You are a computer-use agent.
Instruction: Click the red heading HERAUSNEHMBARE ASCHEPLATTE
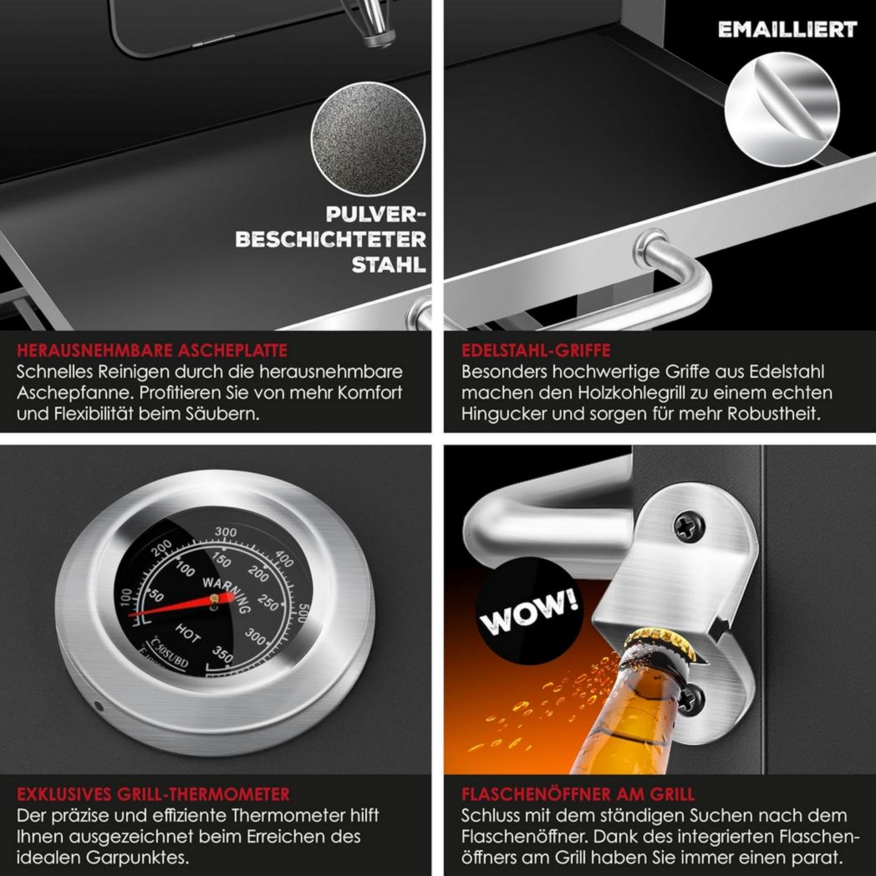(x=152, y=350)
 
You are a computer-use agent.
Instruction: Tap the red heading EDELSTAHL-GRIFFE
(x=536, y=350)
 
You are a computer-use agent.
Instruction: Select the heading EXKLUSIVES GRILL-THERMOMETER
(x=153, y=794)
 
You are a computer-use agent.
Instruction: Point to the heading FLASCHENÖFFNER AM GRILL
(x=578, y=794)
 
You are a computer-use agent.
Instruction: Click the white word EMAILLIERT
(x=787, y=29)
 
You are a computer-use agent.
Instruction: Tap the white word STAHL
(x=389, y=265)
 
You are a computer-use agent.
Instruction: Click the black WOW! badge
(x=529, y=611)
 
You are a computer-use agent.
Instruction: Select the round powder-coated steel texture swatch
(x=368, y=139)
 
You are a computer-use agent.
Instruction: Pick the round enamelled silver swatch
(x=782, y=109)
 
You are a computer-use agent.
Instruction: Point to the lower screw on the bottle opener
(x=690, y=699)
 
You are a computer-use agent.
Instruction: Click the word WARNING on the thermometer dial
(x=227, y=594)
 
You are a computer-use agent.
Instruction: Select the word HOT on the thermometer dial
(x=188, y=634)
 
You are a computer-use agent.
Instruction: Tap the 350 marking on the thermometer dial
(x=222, y=654)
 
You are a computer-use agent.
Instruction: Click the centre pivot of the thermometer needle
(x=214, y=599)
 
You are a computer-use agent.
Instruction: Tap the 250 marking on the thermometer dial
(x=268, y=603)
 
